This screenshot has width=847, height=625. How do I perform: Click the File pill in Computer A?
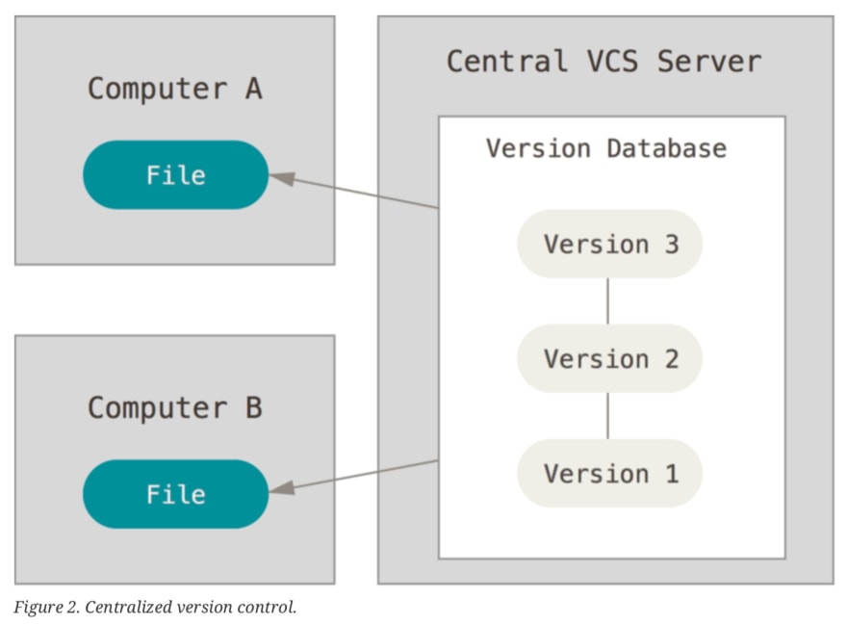175,174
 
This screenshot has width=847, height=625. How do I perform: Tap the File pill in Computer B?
175,494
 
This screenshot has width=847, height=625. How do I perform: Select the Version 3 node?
610,244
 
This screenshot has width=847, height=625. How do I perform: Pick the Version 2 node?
610,358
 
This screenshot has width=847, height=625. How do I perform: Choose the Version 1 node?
610,473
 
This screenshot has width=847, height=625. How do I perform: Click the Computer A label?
175,89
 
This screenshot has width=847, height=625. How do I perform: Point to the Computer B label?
175,407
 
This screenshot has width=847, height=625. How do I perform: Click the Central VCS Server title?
603,61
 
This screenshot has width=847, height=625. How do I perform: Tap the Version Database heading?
606,148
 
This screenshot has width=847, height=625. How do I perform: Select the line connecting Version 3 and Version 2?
607,301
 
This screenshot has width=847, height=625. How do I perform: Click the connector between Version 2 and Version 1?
607,416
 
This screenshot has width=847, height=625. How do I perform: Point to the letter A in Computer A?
254,89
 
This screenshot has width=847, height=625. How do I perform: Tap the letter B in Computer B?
254,407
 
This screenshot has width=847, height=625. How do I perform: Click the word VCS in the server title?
612,61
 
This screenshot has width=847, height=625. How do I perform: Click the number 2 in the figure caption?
73,607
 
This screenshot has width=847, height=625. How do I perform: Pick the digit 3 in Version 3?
672,245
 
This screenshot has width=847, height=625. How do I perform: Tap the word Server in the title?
709,61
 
